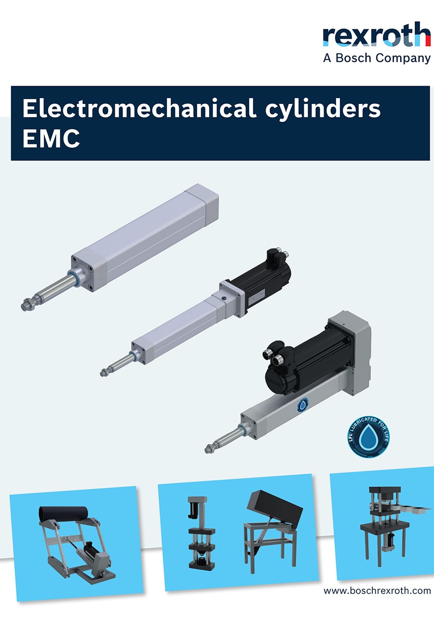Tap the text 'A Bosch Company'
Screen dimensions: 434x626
pyautogui.click(x=377, y=58)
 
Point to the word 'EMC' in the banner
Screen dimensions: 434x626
pyautogui.click(x=51, y=138)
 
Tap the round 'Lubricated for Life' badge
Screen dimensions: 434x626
pyautogui.click(x=368, y=437)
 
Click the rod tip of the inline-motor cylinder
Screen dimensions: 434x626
pyautogui.click(x=104, y=373)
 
